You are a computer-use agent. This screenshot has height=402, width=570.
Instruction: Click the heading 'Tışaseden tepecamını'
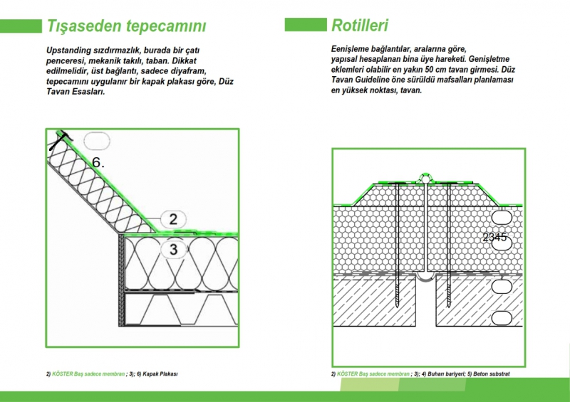(x=126, y=27)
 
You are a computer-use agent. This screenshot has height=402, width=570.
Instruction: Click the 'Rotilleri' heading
(x=360, y=26)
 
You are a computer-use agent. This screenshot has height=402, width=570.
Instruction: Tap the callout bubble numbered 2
(x=173, y=218)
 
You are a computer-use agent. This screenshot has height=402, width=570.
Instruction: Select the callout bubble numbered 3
(x=173, y=249)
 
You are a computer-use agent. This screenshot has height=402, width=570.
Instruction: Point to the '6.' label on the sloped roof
(x=98, y=162)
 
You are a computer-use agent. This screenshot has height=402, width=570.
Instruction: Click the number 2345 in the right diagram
(x=494, y=237)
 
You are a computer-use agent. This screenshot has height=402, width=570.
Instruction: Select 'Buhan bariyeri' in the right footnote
(x=446, y=374)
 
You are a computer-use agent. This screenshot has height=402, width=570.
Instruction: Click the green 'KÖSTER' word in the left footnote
(x=64, y=374)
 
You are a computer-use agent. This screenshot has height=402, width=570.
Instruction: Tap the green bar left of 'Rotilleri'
(x=305, y=26)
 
